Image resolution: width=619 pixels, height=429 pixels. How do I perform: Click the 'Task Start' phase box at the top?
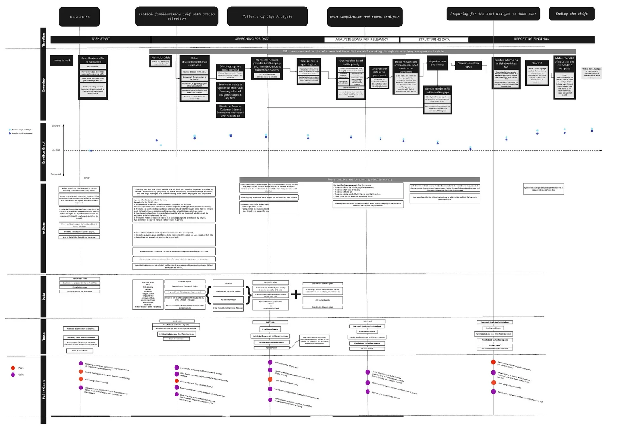(79, 17)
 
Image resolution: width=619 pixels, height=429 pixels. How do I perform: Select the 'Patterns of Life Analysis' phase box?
(267, 16)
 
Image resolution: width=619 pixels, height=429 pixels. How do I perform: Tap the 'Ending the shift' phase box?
(572, 14)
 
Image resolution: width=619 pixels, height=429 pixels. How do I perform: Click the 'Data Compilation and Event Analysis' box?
(364, 17)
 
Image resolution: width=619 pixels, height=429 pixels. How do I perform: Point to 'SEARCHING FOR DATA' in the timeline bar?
(252, 39)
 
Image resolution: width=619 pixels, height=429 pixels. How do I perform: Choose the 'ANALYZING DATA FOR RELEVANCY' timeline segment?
(361, 40)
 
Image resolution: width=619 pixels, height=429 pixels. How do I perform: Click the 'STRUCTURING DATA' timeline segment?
(434, 40)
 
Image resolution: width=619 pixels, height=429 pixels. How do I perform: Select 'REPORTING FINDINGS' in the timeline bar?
(531, 39)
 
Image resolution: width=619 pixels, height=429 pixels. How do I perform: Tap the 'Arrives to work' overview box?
(62, 61)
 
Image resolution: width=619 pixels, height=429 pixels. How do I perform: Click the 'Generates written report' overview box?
(468, 65)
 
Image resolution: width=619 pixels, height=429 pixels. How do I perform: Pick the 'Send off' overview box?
(537, 63)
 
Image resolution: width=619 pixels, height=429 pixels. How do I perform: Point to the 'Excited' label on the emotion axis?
(56, 126)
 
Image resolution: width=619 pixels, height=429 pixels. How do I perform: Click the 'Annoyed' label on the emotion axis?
(56, 174)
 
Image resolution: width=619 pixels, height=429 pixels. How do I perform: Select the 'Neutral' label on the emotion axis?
(56, 150)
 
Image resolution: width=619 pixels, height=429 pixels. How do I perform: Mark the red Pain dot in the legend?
(13, 368)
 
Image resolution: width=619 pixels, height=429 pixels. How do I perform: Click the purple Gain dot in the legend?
(13, 375)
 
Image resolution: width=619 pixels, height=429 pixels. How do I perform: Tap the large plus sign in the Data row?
(296, 294)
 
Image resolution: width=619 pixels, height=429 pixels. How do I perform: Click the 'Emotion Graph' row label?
(43, 152)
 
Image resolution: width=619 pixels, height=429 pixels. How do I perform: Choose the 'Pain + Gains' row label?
(43, 390)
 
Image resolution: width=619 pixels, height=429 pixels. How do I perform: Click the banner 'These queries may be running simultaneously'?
(360, 179)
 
